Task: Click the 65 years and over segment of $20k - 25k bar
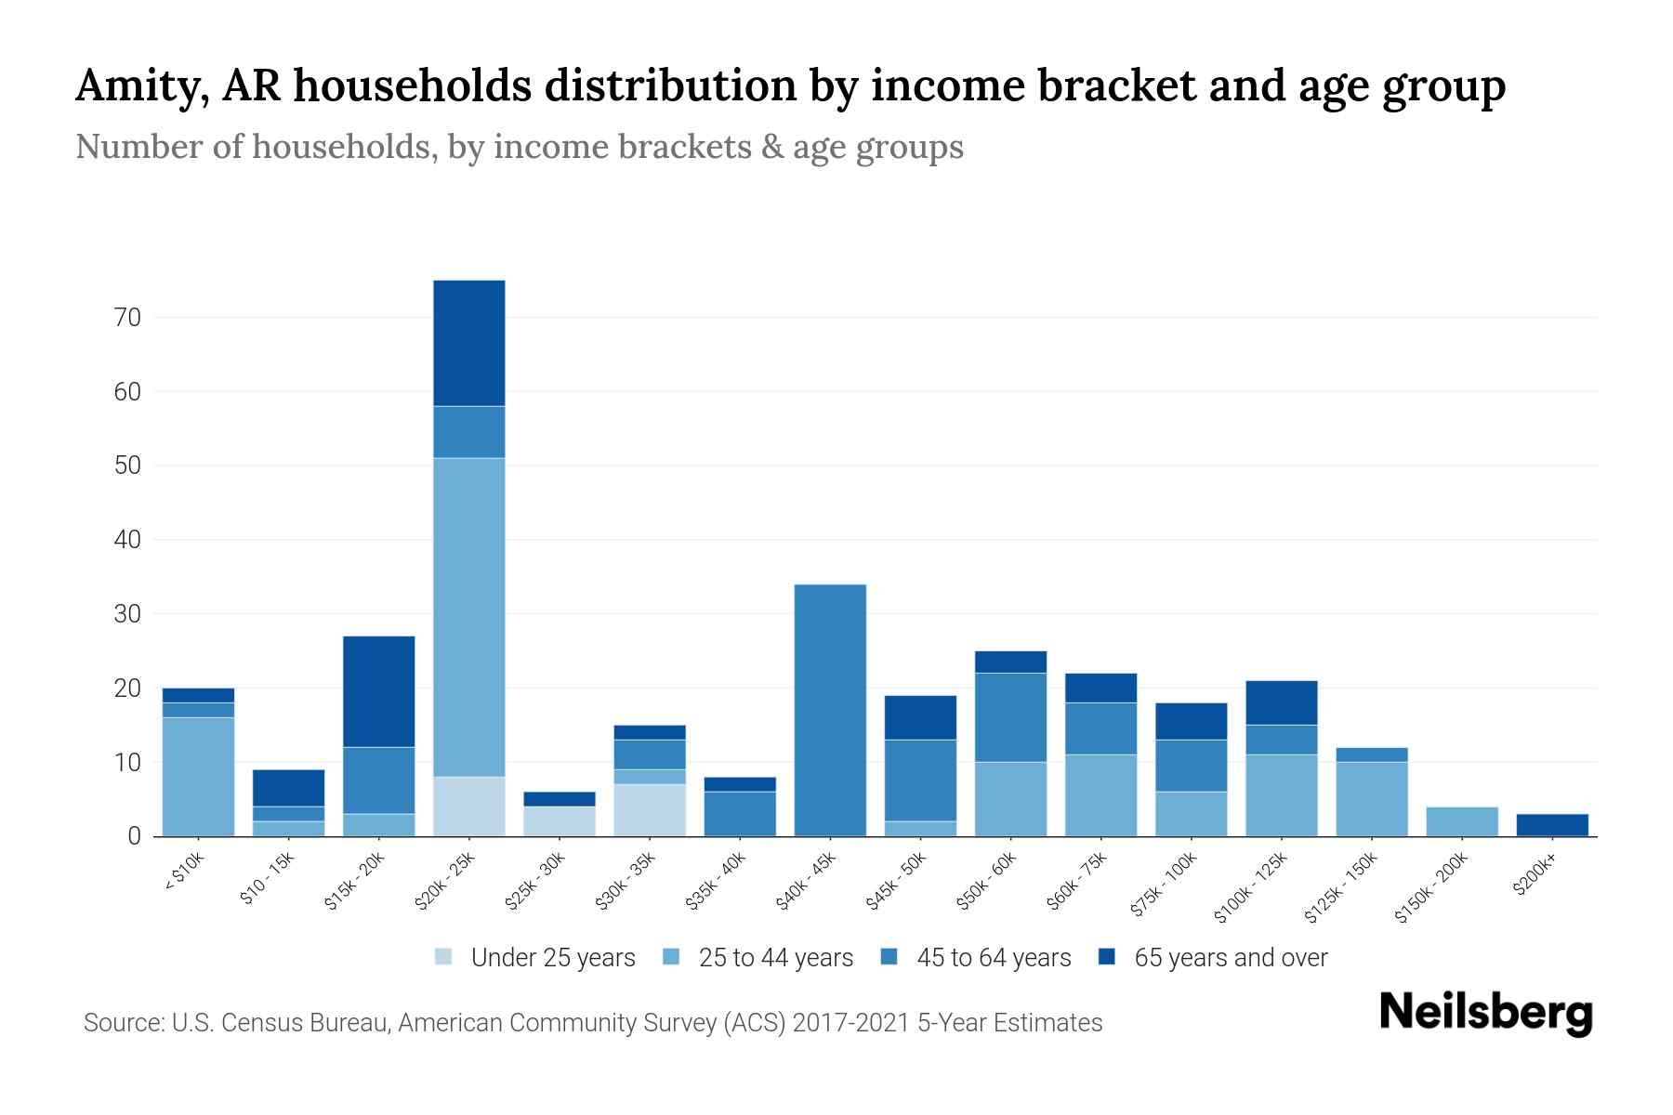coord(468,343)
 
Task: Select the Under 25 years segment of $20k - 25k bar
coord(468,806)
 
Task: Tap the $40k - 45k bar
coord(830,710)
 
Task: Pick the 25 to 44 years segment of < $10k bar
coord(198,776)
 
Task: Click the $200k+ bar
coord(1551,825)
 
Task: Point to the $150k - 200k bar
coord(1461,821)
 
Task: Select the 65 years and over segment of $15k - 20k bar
coord(378,691)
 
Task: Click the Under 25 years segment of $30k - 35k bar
coord(649,809)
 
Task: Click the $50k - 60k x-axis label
coord(988,880)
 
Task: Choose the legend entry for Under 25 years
coord(535,958)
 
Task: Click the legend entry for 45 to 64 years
coord(975,958)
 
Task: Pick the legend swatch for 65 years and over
coord(1107,958)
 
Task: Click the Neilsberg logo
coord(1485,1012)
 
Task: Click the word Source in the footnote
coord(121,1023)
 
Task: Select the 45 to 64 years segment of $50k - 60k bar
coord(1010,717)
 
